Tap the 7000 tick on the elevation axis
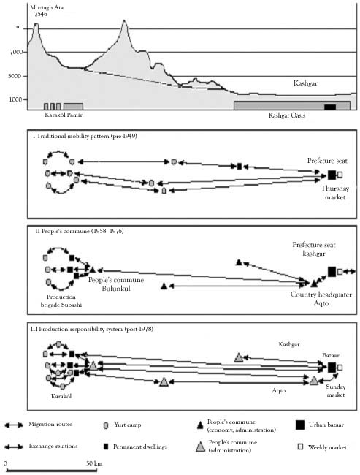click(16, 52)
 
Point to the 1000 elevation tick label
click(16, 99)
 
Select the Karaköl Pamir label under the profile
click(64, 115)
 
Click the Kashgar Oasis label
click(287, 115)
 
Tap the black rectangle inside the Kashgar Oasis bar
click(330, 107)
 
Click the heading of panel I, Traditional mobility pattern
click(85, 137)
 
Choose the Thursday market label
click(335, 193)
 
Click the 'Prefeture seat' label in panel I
click(327, 161)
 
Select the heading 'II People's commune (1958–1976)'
click(80, 231)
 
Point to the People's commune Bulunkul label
click(116, 284)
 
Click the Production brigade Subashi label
click(61, 301)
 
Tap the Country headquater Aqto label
click(321, 299)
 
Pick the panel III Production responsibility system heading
click(92, 329)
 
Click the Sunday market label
click(335, 391)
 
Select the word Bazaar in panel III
click(330, 355)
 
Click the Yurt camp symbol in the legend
click(106, 425)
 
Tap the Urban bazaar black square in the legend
click(299, 425)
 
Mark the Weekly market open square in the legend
click(300, 446)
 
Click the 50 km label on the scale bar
click(94, 463)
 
